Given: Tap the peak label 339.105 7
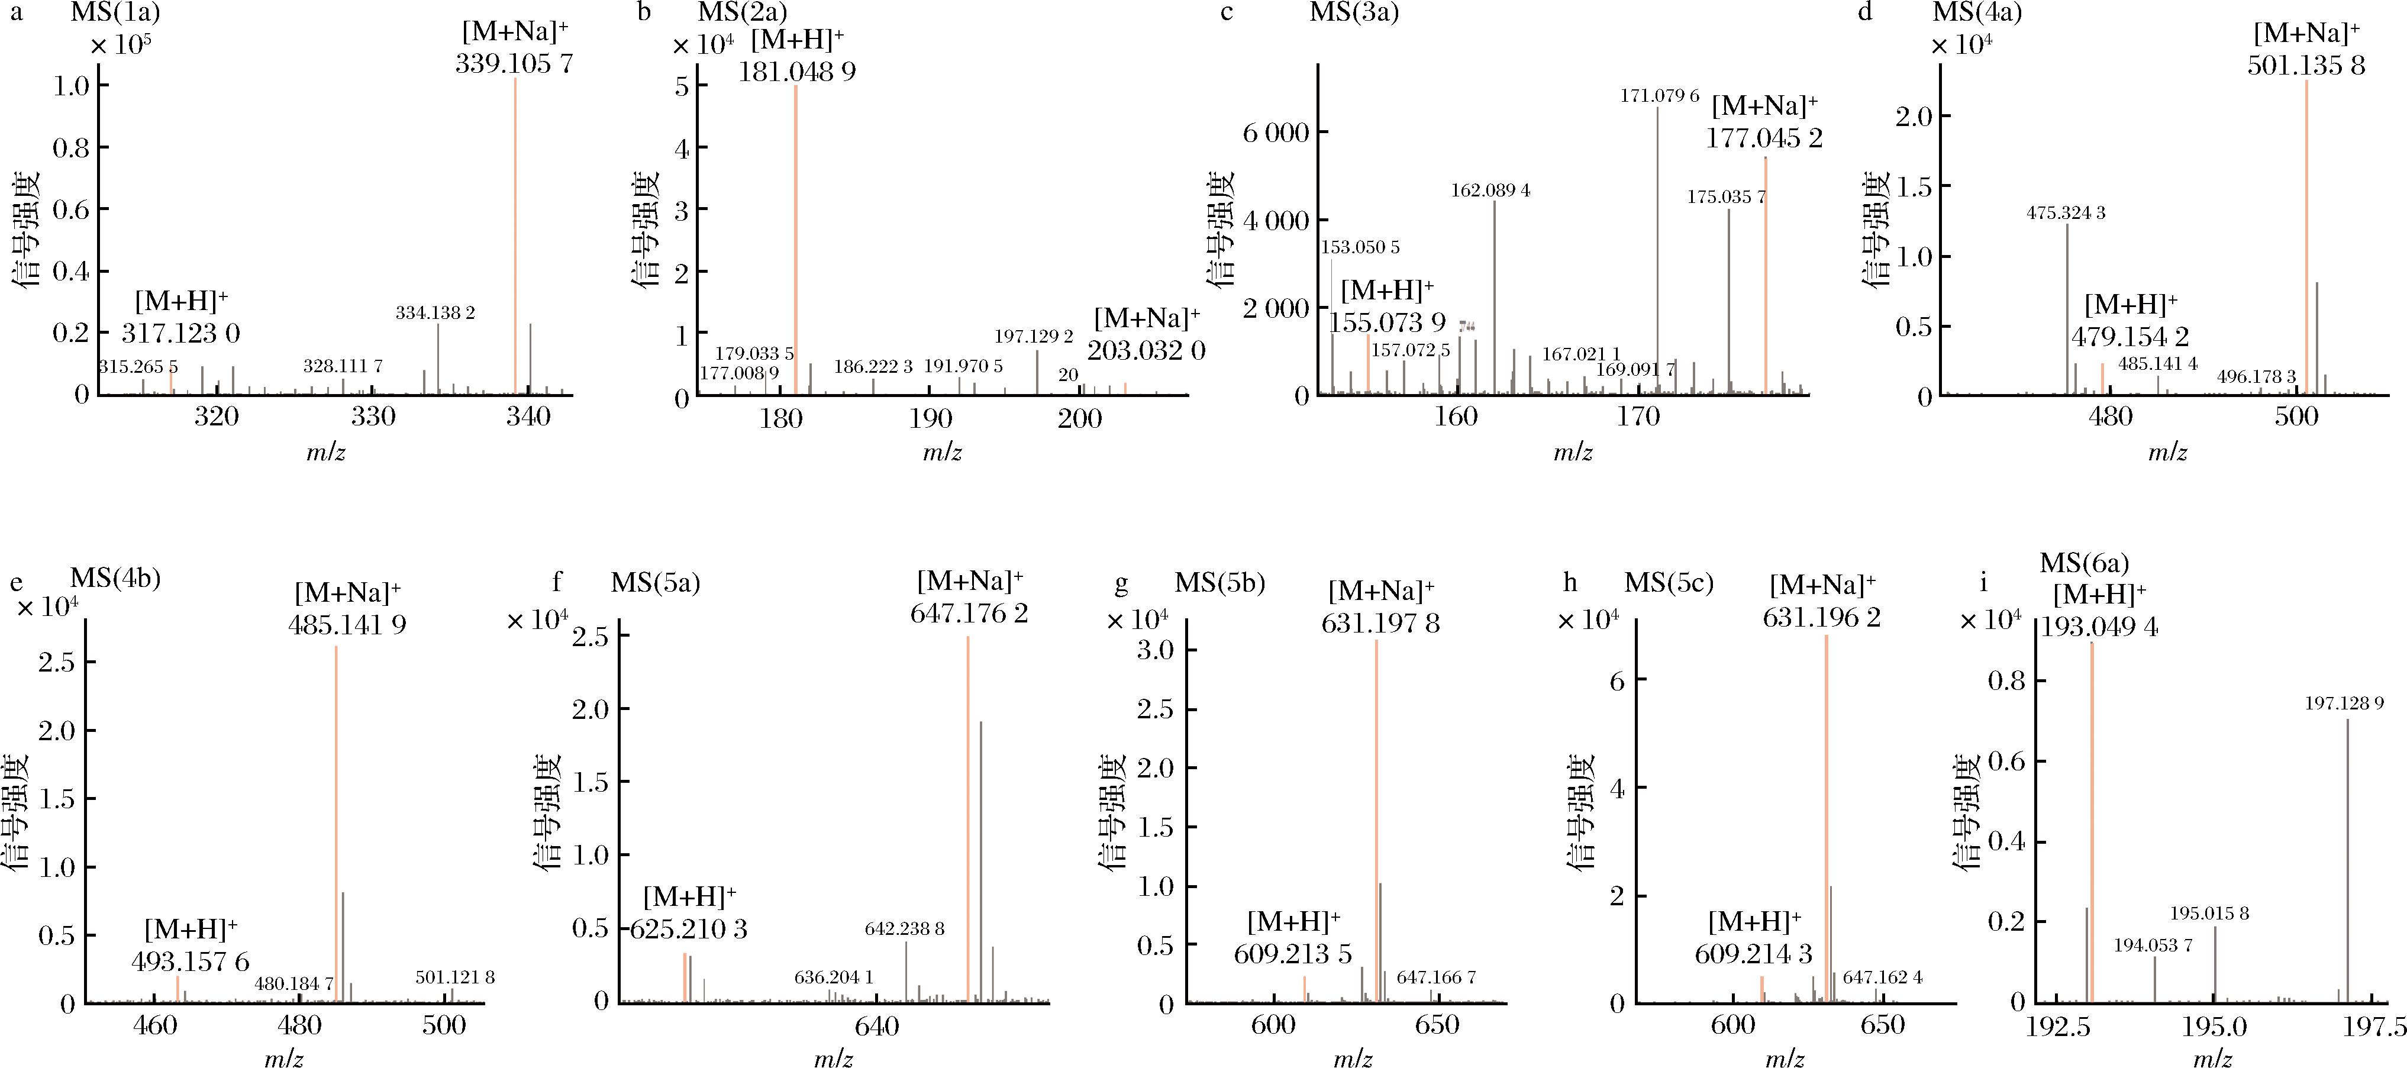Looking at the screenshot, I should pos(514,63).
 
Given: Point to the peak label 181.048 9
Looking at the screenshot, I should pos(797,71).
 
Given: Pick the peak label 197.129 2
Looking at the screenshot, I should pos(1034,337).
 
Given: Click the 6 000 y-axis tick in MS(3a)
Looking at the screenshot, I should pos(1276,133).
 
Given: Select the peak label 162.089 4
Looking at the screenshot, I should pos(1490,191).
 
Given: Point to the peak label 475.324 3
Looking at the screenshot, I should pos(2066,213).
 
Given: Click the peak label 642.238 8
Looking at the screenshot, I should pos(905,929).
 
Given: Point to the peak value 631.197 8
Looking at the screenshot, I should pos(1380,622).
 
